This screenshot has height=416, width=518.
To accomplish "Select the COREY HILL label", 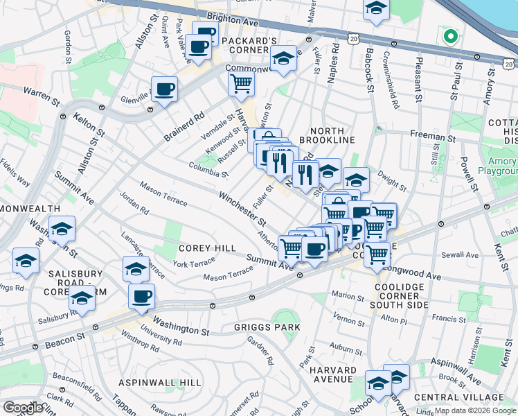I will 208,248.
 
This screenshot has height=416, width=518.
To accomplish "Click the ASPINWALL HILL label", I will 159,383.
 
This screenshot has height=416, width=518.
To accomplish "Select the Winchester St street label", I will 242,209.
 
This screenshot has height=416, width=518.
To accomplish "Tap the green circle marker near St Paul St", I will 449,37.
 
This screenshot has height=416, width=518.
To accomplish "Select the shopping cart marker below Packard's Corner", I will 241,84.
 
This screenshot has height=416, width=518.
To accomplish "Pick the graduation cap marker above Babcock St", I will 376,8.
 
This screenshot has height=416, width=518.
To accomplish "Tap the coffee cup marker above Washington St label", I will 141,296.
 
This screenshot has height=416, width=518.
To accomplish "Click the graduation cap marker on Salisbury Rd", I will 82,300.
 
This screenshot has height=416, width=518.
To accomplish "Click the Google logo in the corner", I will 23,407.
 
